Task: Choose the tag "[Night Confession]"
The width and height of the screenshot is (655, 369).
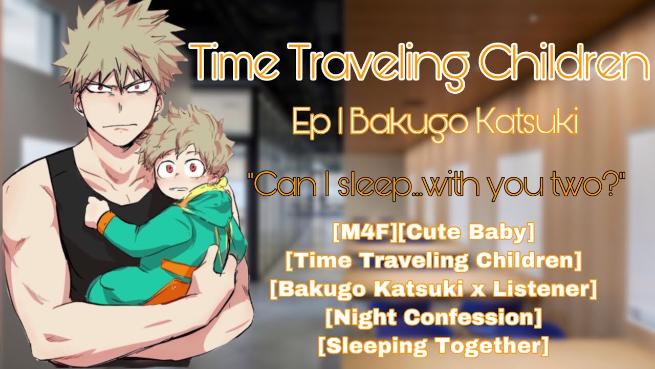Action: click(434, 318)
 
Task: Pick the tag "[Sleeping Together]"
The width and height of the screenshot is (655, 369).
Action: click(434, 346)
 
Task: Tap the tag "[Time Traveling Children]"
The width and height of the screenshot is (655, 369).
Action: click(434, 261)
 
